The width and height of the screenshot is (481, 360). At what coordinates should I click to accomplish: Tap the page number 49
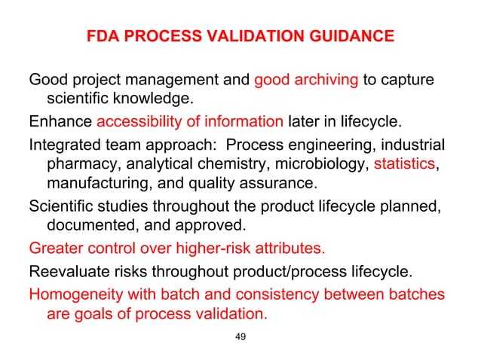(240, 336)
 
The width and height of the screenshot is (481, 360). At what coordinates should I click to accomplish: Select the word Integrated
(64, 145)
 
